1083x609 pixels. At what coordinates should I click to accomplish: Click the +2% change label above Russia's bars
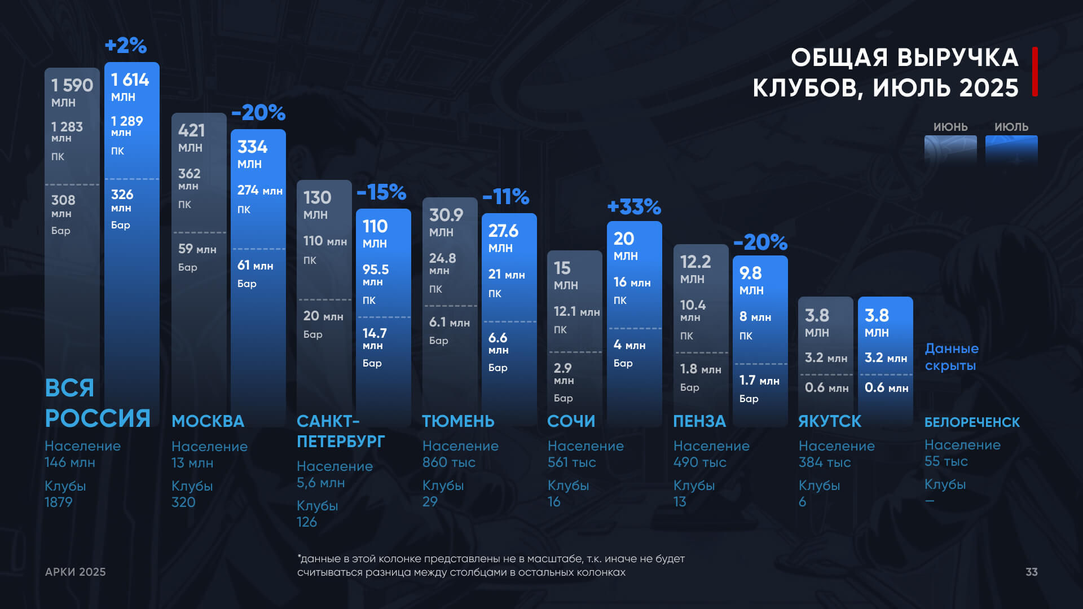point(126,46)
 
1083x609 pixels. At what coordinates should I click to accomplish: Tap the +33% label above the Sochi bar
point(634,207)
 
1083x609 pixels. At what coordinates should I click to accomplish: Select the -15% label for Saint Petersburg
point(381,192)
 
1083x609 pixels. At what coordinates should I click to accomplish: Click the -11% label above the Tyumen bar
point(506,197)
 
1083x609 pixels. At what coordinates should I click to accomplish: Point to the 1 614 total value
point(130,80)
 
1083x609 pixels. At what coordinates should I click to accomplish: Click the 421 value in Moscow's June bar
point(191,131)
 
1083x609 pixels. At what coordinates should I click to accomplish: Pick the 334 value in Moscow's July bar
point(252,147)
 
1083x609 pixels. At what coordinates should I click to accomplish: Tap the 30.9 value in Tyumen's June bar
point(446,215)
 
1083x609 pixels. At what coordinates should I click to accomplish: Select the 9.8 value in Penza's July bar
point(750,273)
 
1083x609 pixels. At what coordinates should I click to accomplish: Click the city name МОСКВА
point(208,421)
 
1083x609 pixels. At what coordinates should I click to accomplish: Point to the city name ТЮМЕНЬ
point(458,421)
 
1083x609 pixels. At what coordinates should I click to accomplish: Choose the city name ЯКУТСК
point(830,421)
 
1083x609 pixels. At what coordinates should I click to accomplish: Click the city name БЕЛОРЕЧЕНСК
point(972,422)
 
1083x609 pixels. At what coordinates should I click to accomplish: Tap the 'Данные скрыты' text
point(952,357)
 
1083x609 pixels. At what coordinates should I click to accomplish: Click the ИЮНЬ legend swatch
point(950,149)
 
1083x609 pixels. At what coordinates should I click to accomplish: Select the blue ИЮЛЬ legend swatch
point(1011,149)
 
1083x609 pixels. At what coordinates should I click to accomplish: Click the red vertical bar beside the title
point(1035,72)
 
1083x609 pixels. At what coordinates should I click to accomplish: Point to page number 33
point(1031,572)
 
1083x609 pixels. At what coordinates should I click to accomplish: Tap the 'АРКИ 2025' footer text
point(76,572)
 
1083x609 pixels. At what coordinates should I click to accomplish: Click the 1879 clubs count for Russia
point(59,502)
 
